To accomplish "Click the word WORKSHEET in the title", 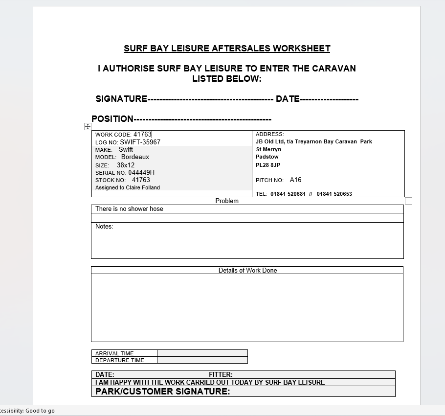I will tap(301, 48).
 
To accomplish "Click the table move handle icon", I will tap(88, 126).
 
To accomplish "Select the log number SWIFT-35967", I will tap(140, 142).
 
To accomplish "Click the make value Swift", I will tap(126, 149).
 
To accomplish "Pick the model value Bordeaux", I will tap(135, 157).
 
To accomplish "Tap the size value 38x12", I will tap(126, 165).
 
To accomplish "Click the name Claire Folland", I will tap(143, 187).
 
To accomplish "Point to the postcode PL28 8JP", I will tap(268, 165).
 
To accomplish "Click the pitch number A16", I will tap(295, 180).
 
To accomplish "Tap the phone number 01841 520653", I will tap(334, 194).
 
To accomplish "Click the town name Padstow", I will tap(267, 157).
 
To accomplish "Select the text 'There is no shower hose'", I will tap(129, 209).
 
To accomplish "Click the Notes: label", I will tap(104, 227).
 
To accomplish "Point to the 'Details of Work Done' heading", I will tap(247, 270).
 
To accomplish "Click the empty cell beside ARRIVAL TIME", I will tap(202, 353).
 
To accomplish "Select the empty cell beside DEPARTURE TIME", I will tap(202, 360).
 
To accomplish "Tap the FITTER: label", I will tap(221, 375).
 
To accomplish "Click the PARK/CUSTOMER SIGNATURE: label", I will tap(162, 392).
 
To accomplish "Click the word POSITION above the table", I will tap(112, 119).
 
